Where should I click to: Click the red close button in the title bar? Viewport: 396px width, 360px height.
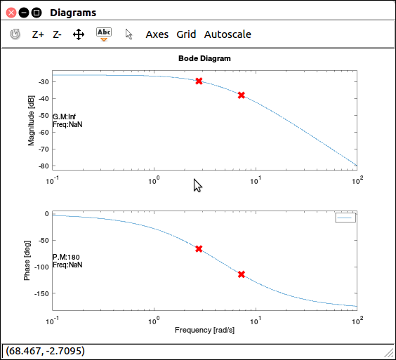(11, 13)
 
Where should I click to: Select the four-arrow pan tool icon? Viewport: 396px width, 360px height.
(79, 34)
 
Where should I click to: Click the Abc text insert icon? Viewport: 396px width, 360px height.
(104, 34)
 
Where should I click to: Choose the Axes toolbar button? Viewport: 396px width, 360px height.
(157, 34)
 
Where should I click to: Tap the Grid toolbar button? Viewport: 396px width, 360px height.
(186, 34)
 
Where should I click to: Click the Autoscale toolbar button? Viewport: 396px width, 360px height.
(227, 34)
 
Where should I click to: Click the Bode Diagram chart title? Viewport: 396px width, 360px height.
(204, 58)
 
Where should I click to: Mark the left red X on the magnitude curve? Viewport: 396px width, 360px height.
(199, 81)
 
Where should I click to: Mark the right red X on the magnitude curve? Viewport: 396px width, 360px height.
(242, 95)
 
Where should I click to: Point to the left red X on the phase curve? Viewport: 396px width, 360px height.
(199, 248)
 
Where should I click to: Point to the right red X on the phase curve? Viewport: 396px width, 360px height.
(242, 274)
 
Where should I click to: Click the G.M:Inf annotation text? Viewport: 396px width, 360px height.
(64, 116)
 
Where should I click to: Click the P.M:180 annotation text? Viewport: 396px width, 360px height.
(66, 257)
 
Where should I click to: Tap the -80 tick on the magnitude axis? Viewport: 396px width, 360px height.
(44, 166)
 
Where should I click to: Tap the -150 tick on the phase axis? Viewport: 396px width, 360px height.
(41, 293)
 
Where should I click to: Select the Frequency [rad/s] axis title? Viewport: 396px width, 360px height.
(204, 330)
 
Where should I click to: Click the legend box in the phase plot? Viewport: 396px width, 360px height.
(345, 218)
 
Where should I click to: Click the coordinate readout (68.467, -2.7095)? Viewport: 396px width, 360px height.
(45, 351)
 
